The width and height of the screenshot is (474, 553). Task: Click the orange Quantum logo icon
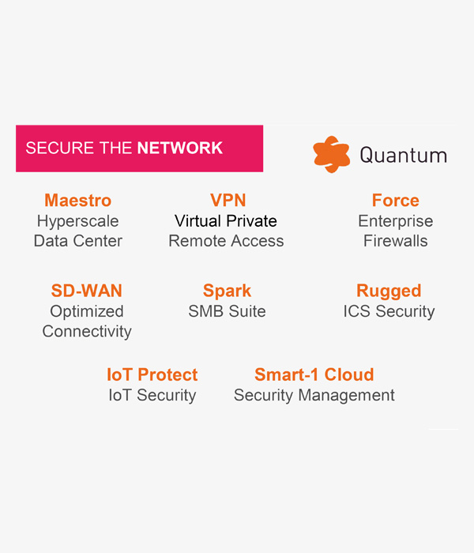click(x=331, y=155)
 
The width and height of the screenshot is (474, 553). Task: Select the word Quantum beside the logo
click(x=404, y=155)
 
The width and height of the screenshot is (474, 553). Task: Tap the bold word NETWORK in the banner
click(x=180, y=148)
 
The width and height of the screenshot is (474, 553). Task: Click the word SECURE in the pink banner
click(x=59, y=148)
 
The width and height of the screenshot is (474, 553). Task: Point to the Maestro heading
click(x=78, y=201)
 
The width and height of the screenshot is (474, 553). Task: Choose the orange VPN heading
click(x=228, y=201)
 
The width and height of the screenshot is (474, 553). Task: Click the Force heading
click(x=396, y=201)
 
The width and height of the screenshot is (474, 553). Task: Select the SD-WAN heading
click(x=86, y=291)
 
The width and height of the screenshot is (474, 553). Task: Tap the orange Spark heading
click(x=227, y=292)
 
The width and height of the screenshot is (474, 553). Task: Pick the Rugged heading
click(x=389, y=292)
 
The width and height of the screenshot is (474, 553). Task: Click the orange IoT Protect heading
click(x=152, y=374)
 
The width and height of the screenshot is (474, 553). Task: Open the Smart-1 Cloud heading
click(x=314, y=374)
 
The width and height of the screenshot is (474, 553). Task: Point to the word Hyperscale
click(x=78, y=222)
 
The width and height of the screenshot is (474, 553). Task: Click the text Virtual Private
click(x=226, y=221)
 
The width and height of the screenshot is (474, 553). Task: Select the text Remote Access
click(x=226, y=241)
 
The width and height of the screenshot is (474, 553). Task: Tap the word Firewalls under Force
click(x=395, y=241)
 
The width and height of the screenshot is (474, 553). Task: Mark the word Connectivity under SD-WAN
click(x=87, y=333)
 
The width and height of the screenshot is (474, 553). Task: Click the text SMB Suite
click(x=227, y=311)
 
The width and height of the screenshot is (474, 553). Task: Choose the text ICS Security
click(x=389, y=312)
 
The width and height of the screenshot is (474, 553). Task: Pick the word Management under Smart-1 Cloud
click(x=346, y=396)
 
